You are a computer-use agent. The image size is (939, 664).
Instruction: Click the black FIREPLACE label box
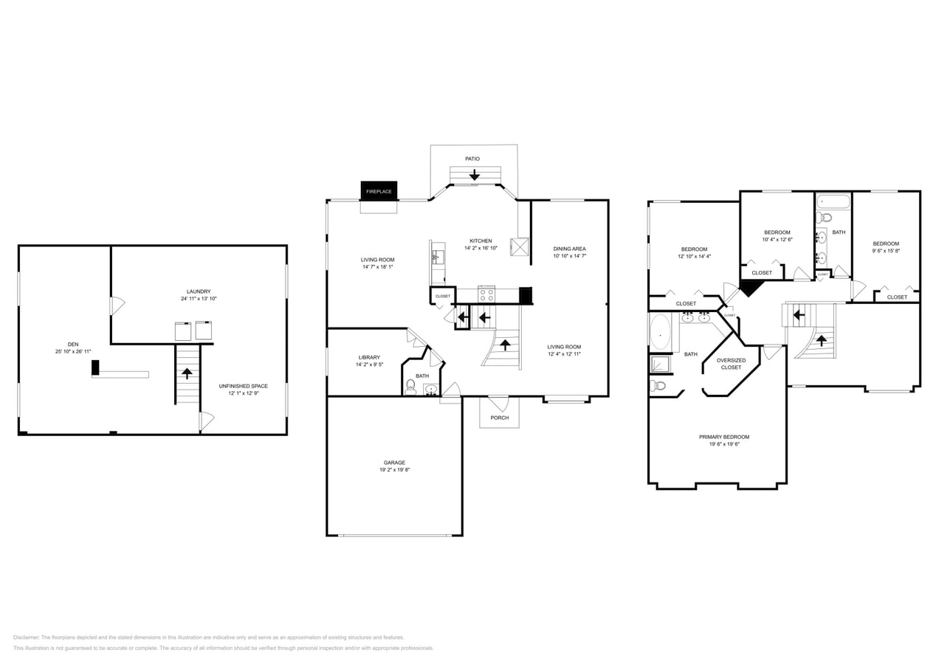tap(379, 191)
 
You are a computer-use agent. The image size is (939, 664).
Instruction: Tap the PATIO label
tap(472, 159)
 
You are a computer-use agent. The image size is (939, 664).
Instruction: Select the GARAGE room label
tap(394, 463)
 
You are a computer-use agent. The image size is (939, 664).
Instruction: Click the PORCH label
tap(499, 418)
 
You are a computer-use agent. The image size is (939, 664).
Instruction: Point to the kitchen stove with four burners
tap(486, 294)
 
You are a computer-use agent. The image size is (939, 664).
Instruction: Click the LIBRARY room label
tap(369, 357)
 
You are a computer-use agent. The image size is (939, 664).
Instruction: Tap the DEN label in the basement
tap(73, 344)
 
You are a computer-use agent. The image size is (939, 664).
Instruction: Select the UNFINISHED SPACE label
tap(243, 386)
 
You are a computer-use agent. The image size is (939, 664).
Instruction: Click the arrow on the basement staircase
tap(187, 373)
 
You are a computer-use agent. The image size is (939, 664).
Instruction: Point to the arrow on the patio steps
tap(474, 176)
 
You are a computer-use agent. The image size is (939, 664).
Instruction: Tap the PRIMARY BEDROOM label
tap(723, 437)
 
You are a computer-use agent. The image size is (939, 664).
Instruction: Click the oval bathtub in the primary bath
tap(659, 332)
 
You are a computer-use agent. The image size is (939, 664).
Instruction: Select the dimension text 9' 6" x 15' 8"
tap(886, 251)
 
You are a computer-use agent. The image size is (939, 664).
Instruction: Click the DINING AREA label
tap(569, 249)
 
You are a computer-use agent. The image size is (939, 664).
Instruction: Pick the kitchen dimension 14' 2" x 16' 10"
tap(481, 248)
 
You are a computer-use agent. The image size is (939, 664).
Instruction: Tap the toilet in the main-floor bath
tap(410, 386)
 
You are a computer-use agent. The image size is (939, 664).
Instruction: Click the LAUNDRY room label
tap(199, 291)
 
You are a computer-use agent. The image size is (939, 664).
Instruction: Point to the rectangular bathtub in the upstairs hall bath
tap(833, 201)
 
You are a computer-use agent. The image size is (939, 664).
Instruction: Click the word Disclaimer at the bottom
tap(27, 637)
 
